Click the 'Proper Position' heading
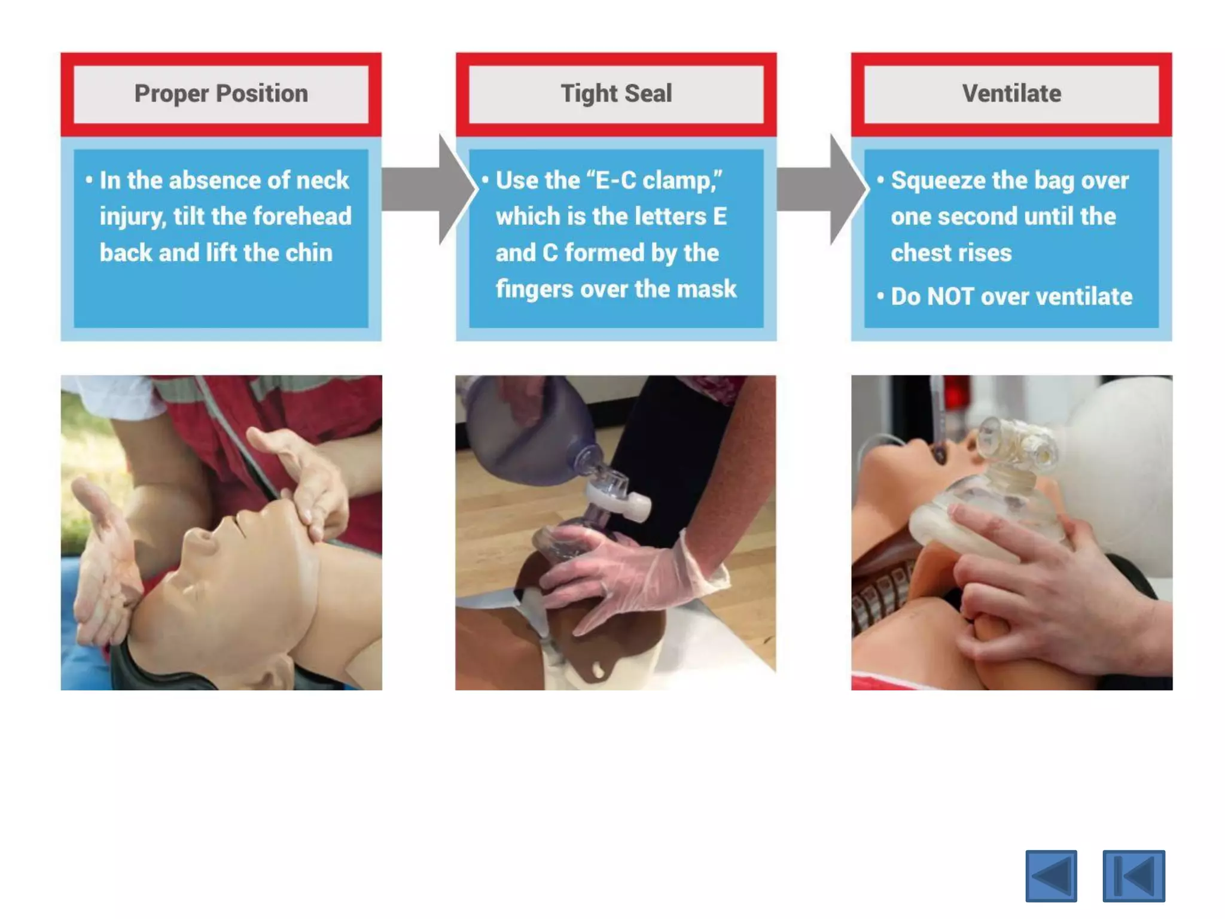pyautogui.click(x=221, y=94)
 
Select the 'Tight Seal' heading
pyautogui.click(x=616, y=94)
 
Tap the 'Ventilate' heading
pyautogui.click(x=1011, y=93)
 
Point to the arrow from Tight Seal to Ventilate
pyautogui.click(x=822, y=189)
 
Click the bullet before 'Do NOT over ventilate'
pyautogui.click(x=880, y=296)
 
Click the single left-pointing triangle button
pyautogui.click(x=1051, y=876)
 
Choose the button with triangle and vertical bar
pyautogui.click(x=1134, y=876)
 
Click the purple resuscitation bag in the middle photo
pyautogui.click(x=526, y=428)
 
